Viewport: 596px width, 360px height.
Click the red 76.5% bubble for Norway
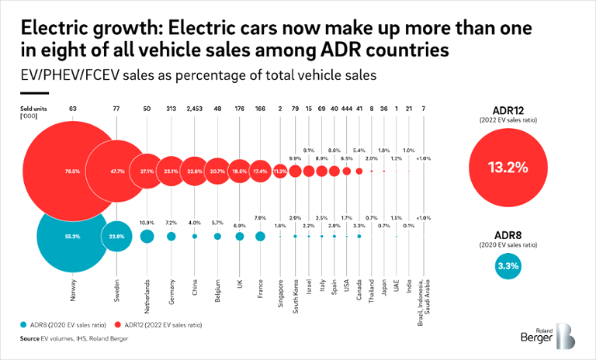[x=72, y=170]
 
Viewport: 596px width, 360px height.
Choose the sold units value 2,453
[x=195, y=109]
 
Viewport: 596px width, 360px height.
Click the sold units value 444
[x=346, y=109]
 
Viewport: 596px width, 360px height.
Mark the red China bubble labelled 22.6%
[x=195, y=170]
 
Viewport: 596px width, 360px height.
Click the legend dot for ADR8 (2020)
[x=25, y=322]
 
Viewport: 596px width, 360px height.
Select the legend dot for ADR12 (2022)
[x=114, y=322]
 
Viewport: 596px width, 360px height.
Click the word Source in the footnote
[x=30, y=339]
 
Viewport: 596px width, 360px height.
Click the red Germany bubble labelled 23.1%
[x=171, y=170]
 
